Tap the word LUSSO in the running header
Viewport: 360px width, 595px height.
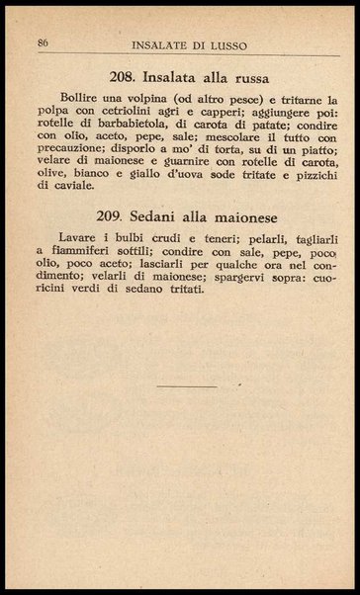tap(228, 44)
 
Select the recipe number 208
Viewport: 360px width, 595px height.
tap(129, 75)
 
